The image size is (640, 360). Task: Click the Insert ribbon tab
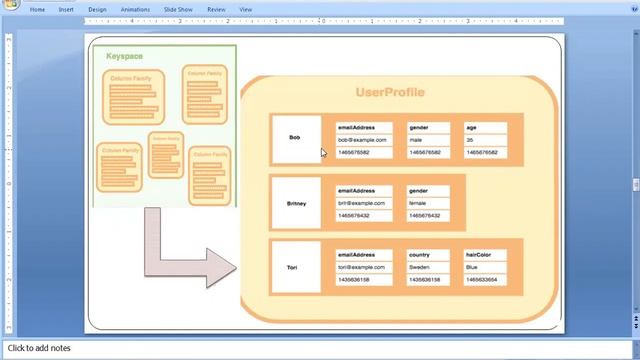pos(66,9)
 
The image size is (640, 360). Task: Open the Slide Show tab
pos(177,9)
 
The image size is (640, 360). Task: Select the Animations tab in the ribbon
pos(135,9)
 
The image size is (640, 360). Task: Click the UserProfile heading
pos(390,92)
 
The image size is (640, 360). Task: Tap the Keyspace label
pos(124,56)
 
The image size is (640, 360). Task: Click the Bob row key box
pos(295,138)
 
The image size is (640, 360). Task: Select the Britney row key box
pos(296,203)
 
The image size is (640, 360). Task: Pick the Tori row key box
pos(292,267)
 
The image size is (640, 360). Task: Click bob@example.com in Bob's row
pos(363,140)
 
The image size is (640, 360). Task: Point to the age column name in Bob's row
pos(471,127)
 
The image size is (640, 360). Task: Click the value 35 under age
pos(470,140)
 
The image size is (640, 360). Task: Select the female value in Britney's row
pos(417,203)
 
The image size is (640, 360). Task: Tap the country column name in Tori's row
pos(419,254)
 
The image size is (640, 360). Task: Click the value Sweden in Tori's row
pos(420,267)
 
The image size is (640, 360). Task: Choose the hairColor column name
pos(478,254)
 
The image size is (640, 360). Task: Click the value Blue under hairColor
pos(472,267)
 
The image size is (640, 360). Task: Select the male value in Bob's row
pos(416,140)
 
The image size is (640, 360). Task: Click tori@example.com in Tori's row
pos(362,267)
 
